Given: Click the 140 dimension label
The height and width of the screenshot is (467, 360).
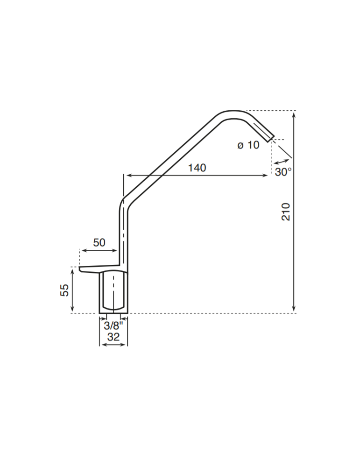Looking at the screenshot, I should pos(197,168).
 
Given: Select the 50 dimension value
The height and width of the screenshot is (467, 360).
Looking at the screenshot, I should pos(99,243).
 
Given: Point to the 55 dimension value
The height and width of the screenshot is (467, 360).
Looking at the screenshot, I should pos(64,290).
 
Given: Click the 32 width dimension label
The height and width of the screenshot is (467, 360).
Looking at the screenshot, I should pos(113,337).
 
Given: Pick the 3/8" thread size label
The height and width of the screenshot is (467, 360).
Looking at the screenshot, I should pos(113,325).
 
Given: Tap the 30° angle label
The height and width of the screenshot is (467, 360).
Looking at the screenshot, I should pos(283,172).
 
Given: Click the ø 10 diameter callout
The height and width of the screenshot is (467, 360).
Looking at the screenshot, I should pos(248,145).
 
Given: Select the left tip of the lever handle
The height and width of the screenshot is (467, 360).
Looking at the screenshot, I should pos(81,269).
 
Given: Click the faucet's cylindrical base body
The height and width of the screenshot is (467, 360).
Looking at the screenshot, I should pos(113,292).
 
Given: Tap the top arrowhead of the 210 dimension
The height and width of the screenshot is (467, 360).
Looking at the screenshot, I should pos(293,113).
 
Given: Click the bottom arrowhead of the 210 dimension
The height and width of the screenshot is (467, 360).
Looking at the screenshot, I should pos(293,310).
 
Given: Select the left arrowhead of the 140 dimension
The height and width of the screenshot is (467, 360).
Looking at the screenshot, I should pos(126,175).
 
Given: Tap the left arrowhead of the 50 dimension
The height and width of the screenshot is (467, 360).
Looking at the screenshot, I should pos(82,251).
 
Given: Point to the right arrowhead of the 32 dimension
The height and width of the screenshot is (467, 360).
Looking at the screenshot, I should pos(125,345).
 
